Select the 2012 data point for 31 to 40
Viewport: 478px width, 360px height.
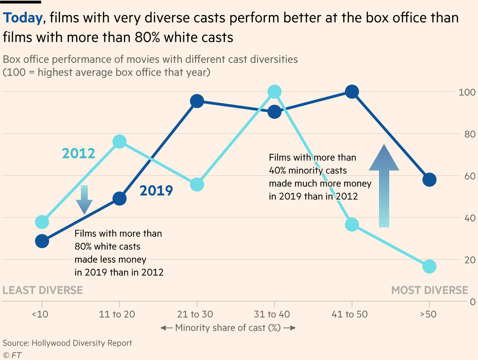[274, 92]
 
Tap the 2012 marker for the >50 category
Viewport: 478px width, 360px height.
[429, 266]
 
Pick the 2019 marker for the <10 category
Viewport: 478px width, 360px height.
[42, 241]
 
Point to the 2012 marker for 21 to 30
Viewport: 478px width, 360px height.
[197, 185]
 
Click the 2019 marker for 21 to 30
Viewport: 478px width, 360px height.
[197, 101]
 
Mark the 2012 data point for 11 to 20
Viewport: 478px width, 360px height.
[119, 142]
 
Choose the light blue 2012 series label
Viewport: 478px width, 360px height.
[78, 153]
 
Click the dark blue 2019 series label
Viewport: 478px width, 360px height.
[156, 191]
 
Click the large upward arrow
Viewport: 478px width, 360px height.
[384, 186]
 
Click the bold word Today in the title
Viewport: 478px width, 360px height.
[23, 18]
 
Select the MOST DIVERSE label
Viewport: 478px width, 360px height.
[429, 290]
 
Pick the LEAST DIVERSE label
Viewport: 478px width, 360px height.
[43, 290]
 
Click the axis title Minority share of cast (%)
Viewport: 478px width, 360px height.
[228, 328]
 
